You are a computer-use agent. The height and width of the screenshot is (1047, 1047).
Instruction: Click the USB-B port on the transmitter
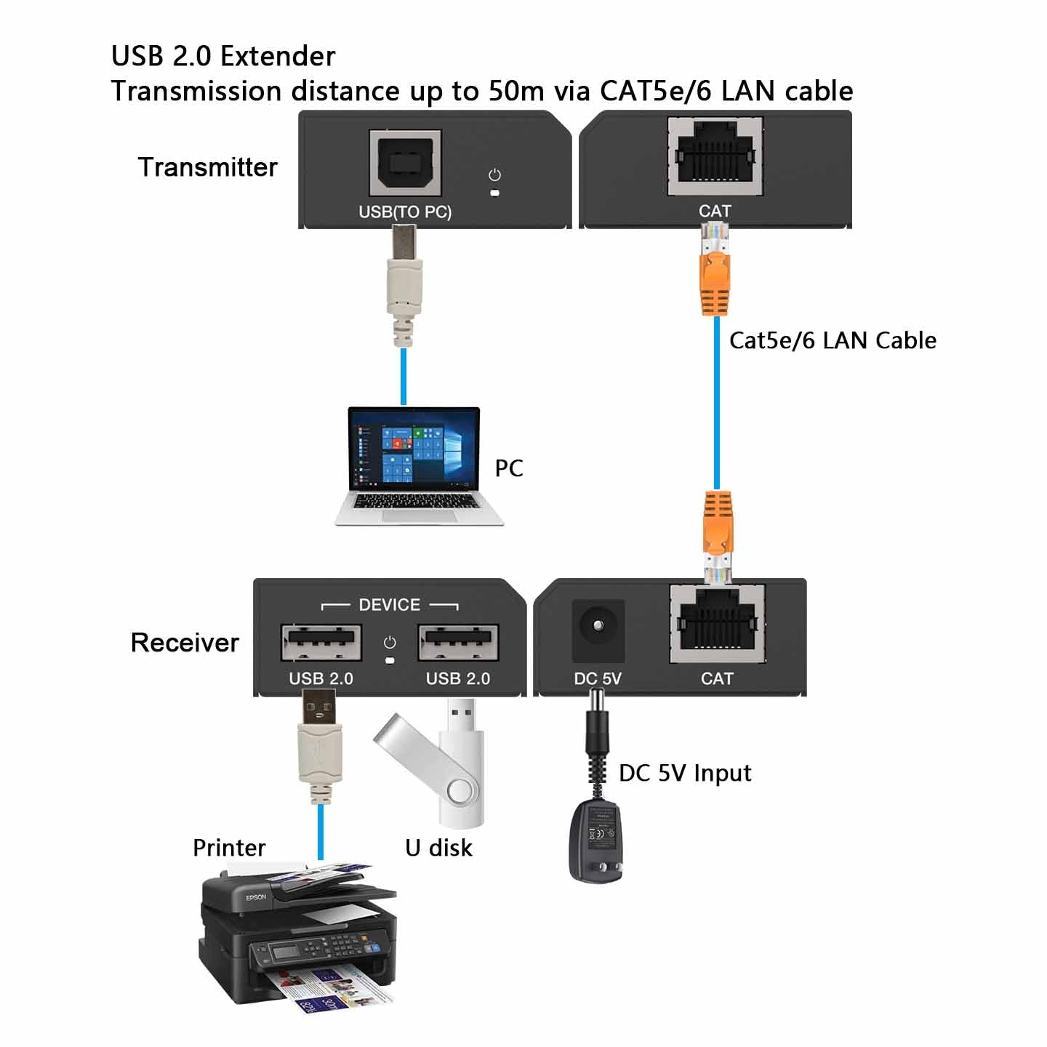coord(405,163)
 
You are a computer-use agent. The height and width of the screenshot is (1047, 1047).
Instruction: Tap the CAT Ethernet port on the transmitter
coord(715,156)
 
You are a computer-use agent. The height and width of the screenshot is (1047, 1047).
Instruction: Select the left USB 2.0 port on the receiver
coord(321,642)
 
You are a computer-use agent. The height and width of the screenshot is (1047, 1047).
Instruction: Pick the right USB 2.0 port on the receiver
coord(458,642)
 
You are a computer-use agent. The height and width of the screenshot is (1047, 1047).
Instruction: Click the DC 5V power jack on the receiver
coord(598,626)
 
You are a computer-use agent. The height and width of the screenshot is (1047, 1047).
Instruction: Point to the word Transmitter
coord(208,167)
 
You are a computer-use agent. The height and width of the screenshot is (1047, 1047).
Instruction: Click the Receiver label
coord(185,643)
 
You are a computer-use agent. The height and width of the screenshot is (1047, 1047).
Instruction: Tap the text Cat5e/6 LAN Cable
coord(833,340)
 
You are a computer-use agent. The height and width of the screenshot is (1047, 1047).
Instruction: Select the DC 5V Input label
coord(685,773)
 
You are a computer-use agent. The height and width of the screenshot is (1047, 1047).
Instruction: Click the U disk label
coord(438,848)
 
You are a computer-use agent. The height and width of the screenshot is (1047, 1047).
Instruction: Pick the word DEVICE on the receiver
coord(389,605)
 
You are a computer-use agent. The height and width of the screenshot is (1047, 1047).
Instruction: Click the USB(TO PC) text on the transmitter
coord(405,212)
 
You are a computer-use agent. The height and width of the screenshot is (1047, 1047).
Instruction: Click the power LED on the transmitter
coord(495,193)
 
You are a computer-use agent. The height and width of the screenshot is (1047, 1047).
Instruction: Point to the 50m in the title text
coord(516,92)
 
